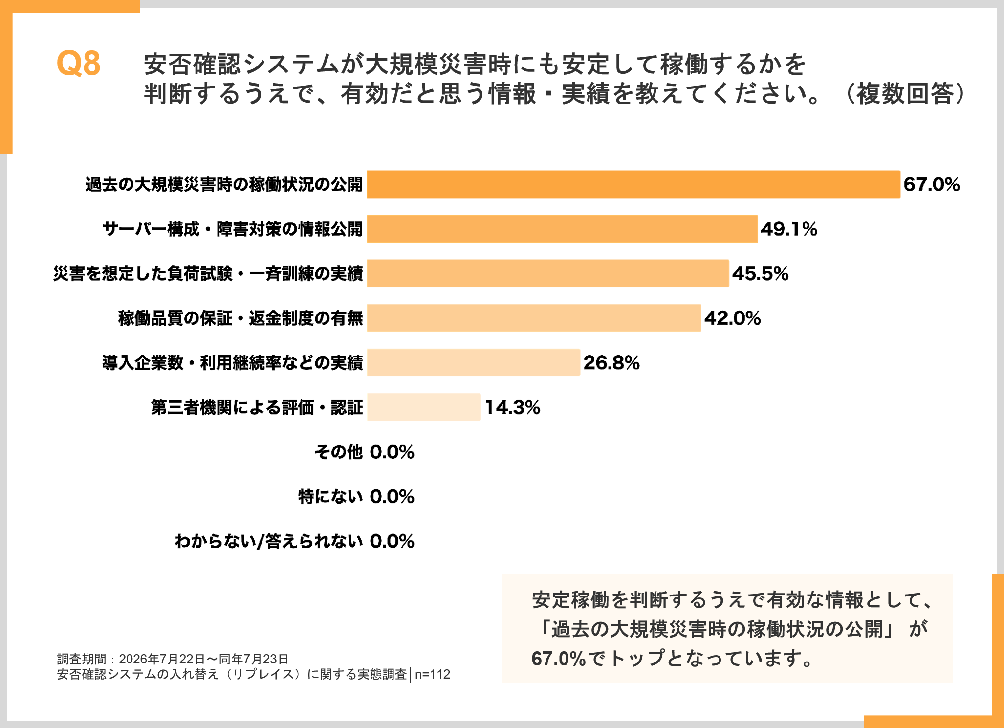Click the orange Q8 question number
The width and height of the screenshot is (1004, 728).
(x=79, y=64)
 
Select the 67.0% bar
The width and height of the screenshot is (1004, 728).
(x=633, y=184)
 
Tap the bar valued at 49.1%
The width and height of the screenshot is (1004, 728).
(x=562, y=229)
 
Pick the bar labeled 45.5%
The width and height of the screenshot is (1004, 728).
(x=548, y=273)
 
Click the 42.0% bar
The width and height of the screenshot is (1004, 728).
(x=534, y=318)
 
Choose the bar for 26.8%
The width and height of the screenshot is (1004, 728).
(x=474, y=363)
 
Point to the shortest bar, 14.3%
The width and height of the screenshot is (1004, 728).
(x=424, y=407)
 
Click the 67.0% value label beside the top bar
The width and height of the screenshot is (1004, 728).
(x=932, y=185)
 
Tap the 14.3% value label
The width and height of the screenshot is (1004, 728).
(x=512, y=408)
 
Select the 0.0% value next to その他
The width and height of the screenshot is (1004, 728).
(x=392, y=452)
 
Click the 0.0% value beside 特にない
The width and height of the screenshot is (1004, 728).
(x=392, y=497)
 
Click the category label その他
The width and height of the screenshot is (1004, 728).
(x=339, y=452)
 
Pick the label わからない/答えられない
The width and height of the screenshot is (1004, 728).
(x=269, y=541)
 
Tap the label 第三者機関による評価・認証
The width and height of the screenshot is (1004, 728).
(x=257, y=407)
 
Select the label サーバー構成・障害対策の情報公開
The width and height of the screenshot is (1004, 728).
(x=233, y=229)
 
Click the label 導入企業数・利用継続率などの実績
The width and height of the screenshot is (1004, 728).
(x=233, y=363)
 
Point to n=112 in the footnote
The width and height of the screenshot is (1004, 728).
(x=433, y=675)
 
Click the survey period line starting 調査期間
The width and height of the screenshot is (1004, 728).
(x=173, y=659)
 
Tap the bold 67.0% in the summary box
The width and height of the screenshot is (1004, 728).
(x=559, y=659)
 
